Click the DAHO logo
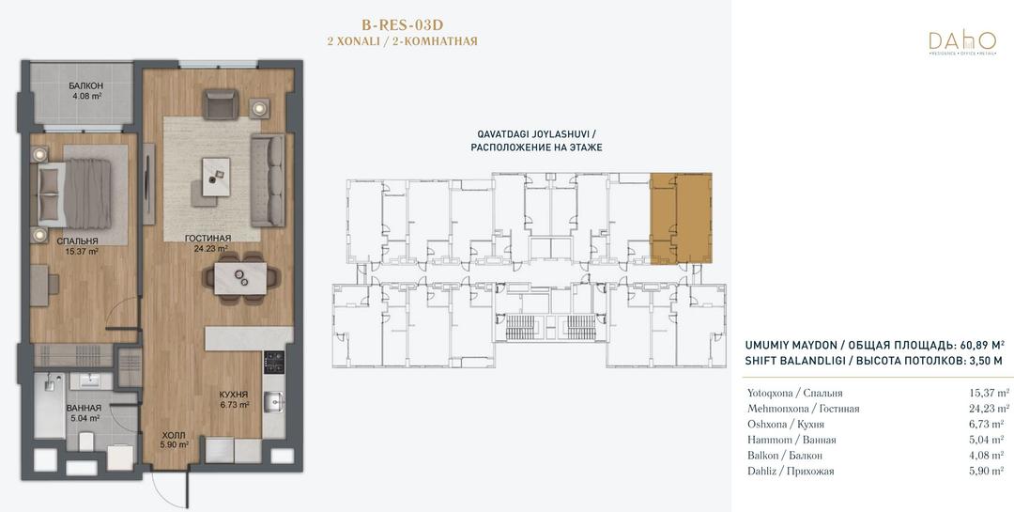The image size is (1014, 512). [x=962, y=42]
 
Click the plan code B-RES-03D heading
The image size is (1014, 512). [x=402, y=25]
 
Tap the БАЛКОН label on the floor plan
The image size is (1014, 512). [x=86, y=85]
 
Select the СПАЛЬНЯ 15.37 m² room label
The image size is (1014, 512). [x=77, y=246]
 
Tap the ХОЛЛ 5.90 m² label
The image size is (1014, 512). [x=174, y=440]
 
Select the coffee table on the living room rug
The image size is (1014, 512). [x=216, y=177]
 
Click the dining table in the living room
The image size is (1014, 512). [x=240, y=278]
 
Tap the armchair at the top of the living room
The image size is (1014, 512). [x=222, y=104]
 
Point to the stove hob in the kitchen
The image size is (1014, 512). [x=274, y=364]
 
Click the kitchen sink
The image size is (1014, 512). [x=273, y=403]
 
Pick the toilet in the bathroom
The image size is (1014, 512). [x=87, y=442]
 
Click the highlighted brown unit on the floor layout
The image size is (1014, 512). [x=681, y=218]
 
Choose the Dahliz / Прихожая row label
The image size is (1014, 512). [x=791, y=472]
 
